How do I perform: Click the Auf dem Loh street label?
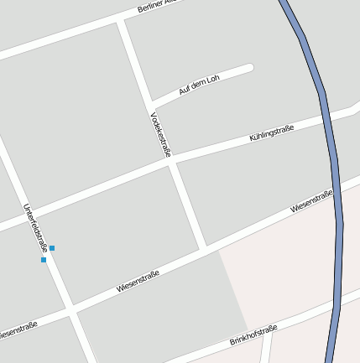[x=199, y=85]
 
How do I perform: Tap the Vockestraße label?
[x=160, y=135]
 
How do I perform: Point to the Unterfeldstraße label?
[x=34, y=229]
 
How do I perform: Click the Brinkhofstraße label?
[x=253, y=336]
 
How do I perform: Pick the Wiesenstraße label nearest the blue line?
[x=311, y=202]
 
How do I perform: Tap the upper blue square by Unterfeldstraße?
[x=52, y=248]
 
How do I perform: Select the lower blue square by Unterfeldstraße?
[x=44, y=260]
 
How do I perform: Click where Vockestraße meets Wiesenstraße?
[x=202, y=246]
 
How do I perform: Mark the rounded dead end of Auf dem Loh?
[x=249, y=68]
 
